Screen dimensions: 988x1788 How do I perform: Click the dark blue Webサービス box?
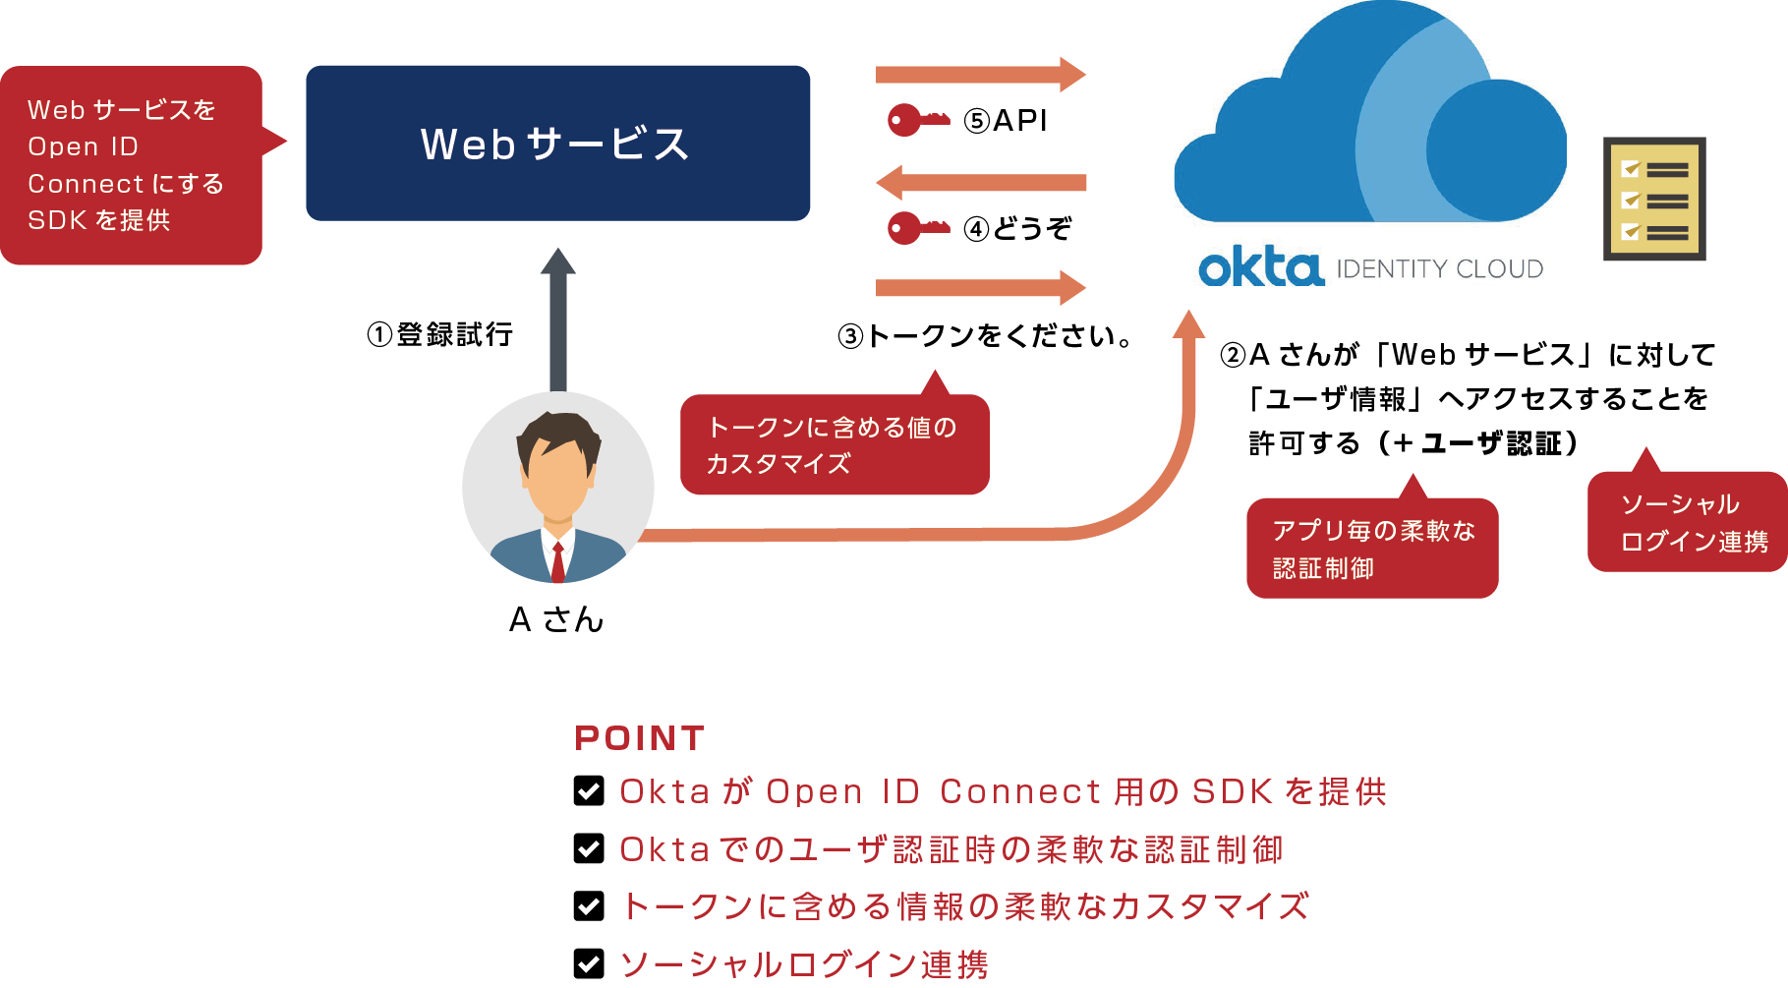[557, 144]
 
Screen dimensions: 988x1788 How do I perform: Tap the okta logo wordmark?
[1260, 267]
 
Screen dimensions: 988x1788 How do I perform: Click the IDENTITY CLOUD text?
[1439, 269]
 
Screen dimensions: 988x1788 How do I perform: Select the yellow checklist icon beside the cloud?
[1654, 200]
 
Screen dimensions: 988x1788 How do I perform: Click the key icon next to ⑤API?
[917, 120]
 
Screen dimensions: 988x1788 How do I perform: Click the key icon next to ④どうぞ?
[917, 228]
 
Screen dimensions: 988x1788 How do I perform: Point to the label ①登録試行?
[439, 334]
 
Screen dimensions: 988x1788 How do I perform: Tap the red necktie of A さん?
[557, 562]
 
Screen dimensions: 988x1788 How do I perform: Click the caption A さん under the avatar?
[556, 619]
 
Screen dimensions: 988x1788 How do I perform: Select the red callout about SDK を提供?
[131, 165]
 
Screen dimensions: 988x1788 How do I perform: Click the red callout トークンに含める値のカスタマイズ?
[834, 445]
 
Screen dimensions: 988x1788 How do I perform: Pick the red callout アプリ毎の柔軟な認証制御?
[1371, 549]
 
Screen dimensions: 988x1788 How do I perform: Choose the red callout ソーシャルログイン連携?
[1687, 522]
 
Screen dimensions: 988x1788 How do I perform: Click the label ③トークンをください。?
[985, 336]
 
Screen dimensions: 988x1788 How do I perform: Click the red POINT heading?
[639, 738]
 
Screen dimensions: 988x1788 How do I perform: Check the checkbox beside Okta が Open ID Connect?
[589, 790]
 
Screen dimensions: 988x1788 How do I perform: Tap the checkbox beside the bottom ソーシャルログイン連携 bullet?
[589, 963]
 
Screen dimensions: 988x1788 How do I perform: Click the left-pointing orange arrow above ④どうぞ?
[981, 183]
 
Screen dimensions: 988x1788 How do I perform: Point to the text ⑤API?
[1006, 121]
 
